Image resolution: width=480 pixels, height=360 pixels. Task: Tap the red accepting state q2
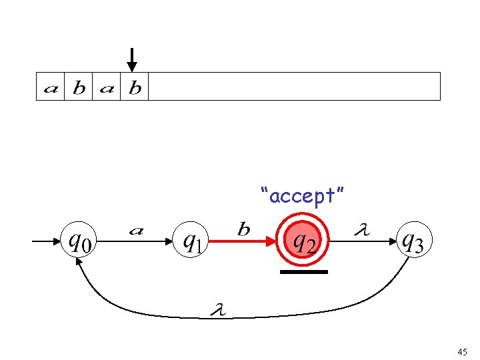(303, 241)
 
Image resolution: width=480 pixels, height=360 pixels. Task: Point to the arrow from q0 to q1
(137, 243)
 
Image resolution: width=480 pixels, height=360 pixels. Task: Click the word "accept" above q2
(303, 196)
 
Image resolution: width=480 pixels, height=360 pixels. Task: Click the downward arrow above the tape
(132, 59)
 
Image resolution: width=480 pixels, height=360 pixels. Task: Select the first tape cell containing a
(50, 87)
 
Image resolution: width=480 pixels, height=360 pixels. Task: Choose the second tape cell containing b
(78, 87)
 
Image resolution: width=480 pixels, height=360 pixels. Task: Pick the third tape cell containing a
(106, 87)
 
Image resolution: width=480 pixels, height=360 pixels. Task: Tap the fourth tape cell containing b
(134, 87)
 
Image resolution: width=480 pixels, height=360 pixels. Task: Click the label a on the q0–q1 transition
(135, 231)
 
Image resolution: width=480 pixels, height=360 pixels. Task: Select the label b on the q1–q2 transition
(244, 229)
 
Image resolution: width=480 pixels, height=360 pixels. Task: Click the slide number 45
(463, 351)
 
